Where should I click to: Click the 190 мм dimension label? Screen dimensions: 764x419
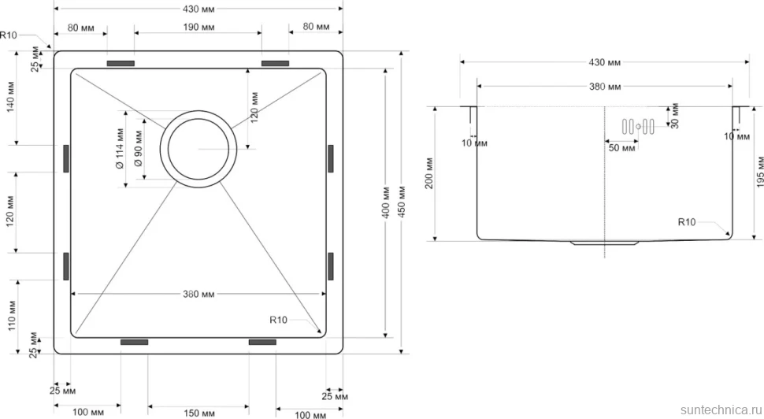coord(198,28)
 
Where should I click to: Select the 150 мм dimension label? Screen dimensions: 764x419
coord(198,413)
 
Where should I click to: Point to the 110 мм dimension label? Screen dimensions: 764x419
coord(12,316)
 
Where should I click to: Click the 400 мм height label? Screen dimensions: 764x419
coord(386,202)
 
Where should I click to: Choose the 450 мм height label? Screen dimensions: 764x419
coord(402,201)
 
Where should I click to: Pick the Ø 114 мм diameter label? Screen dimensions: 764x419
coord(120,149)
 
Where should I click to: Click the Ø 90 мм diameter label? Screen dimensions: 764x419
coord(138,149)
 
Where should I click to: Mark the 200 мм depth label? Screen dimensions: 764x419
coord(429,173)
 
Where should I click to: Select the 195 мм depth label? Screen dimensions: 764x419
coord(759,172)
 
